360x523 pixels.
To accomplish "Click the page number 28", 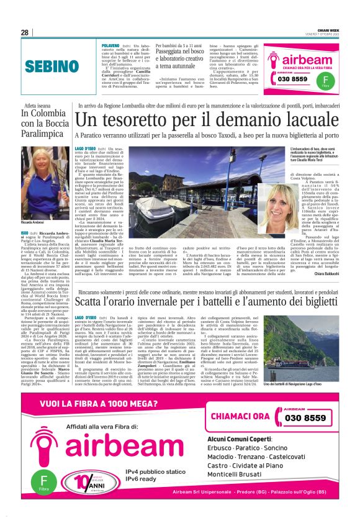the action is (24, 32).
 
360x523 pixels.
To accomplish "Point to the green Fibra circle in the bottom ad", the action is (43, 483).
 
